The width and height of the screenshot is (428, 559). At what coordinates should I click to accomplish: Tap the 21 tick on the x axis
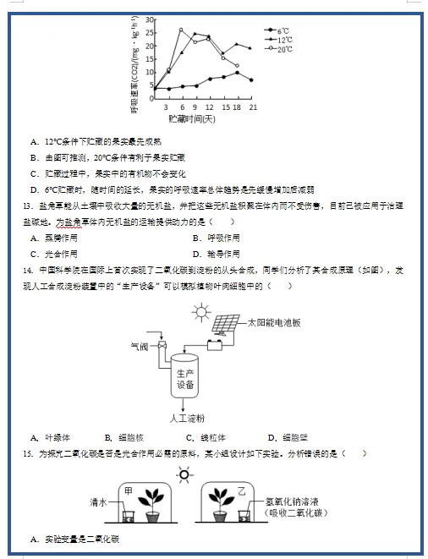pyautogui.click(x=253, y=107)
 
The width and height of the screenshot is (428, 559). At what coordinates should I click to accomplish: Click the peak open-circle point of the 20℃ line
pyautogui.click(x=181, y=30)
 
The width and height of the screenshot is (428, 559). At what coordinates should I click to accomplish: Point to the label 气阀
pyautogui.click(x=138, y=346)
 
